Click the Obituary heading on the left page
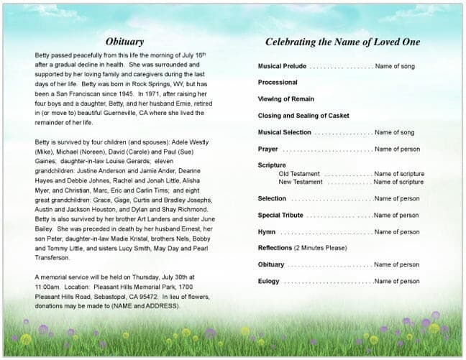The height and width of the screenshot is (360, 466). pos(124,42)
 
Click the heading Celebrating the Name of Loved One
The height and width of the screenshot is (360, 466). pos(342,42)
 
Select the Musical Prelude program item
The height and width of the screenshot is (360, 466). pos(282,66)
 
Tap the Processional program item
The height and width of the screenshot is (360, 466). pos(278,83)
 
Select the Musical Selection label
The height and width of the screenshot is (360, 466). pos(285,132)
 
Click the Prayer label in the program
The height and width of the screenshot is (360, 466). pos(268,149)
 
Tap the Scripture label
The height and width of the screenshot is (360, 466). pos(272,165)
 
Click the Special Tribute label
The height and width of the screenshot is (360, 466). pos(280,215)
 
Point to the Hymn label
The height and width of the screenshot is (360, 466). pos(266,232)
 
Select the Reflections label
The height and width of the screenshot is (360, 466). pos(275,248)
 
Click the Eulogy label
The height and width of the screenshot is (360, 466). pos(268,281)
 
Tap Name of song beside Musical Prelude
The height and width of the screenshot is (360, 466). pos(395,66)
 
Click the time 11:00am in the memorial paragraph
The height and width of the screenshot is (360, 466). pos(48,285)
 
